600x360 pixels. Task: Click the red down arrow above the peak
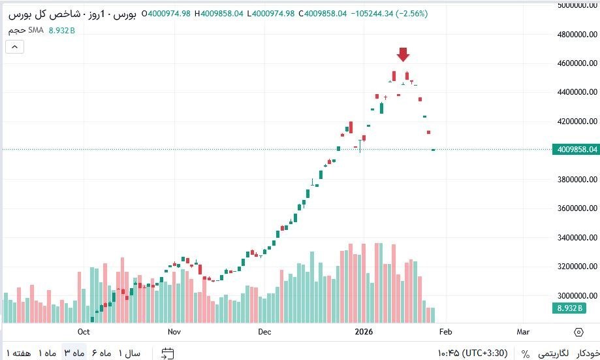tap(403, 54)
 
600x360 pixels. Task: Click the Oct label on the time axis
tap(83, 332)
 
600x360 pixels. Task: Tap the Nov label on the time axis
tap(174, 332)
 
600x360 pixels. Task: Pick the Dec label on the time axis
tap(264, 332)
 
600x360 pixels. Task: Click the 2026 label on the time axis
tap(364, 332)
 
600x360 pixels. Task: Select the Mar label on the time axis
tap(523, 332)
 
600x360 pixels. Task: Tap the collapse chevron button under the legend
tap(14, 46)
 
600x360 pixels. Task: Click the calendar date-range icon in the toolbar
tap(168, 353)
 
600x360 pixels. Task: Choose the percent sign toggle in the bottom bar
tap(526, 353)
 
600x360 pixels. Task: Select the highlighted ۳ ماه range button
tap(75, 353)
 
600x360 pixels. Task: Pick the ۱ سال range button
tap(129, 353)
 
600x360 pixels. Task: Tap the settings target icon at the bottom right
tap(578, 332)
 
